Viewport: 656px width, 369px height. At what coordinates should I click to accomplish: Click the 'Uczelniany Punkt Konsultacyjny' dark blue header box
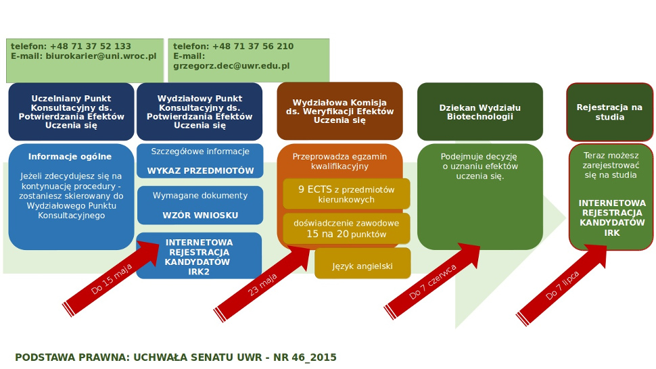click(71, 112)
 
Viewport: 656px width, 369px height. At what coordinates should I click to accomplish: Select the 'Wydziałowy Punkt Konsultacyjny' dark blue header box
click(200, 112)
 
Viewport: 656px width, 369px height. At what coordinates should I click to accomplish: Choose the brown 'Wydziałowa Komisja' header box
click(339, 111)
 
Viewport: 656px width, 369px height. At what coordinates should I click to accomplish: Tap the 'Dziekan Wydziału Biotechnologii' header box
click(480, 112)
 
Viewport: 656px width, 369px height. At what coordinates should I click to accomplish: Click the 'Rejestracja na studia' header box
click(609, 112)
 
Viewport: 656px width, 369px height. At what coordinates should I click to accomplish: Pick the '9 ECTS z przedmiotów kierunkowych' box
click(346, 194)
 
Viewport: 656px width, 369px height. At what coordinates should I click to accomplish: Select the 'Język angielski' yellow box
click(362, 266)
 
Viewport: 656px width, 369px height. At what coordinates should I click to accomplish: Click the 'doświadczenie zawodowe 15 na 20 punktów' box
click(346, 228)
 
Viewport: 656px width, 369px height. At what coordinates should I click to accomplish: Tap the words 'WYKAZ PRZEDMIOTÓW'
click(200, 171)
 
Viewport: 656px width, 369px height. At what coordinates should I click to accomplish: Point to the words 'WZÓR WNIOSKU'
click(200, 216)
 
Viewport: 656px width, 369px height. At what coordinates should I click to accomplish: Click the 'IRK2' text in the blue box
click(199, 272)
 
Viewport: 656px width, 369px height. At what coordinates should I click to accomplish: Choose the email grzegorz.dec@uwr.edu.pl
click(231, 66)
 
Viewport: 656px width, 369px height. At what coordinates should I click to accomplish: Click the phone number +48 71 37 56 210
click(253, 47)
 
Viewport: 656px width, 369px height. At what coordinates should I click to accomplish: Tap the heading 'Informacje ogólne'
click(70, 157)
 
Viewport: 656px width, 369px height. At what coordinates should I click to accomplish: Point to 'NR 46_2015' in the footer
click(305, 358)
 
